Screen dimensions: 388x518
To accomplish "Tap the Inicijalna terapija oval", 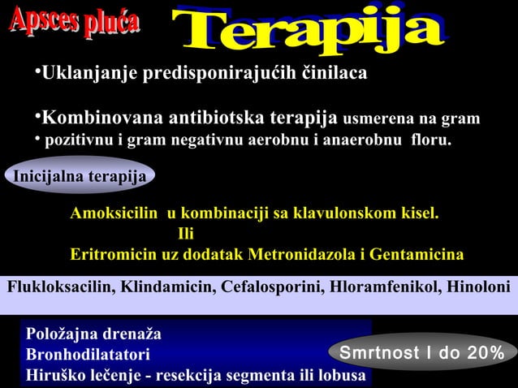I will (80, 176).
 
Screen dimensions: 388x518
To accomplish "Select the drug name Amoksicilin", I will (115, 214).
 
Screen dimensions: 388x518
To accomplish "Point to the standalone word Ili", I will (186, 235).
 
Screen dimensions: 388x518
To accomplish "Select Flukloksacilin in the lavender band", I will (61, 287).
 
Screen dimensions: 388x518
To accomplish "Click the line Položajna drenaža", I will (93, 334).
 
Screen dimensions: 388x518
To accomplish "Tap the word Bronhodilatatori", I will (88, 356).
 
